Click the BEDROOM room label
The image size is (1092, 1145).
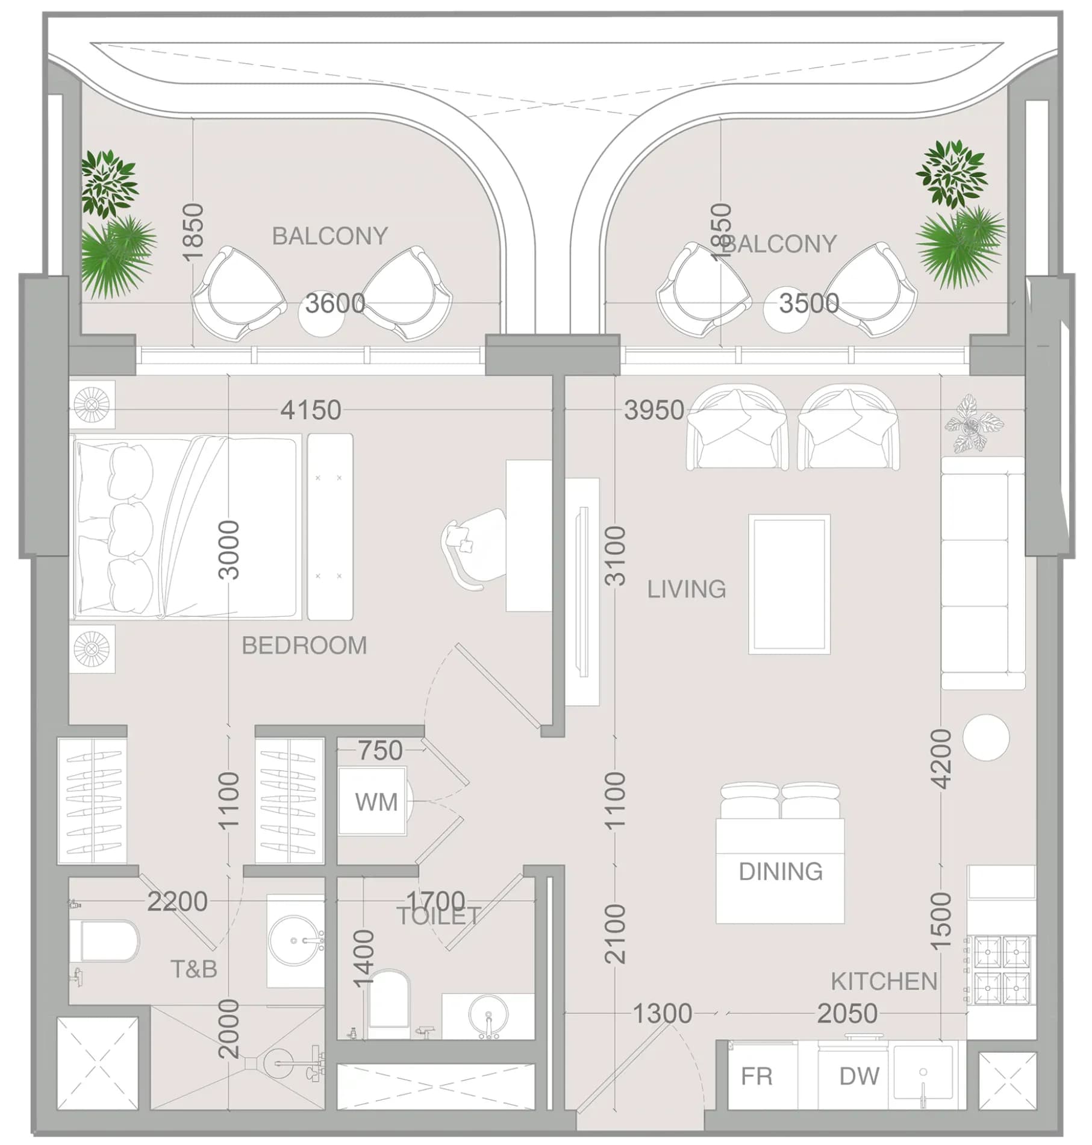click(304, 646)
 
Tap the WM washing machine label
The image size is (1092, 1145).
click(376, 802)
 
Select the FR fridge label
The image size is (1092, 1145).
click(757, 1076)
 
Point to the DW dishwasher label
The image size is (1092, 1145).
click(860, 1076)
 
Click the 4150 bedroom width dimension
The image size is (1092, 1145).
click(311, 410)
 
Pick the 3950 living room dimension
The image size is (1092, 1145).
click(654, 410)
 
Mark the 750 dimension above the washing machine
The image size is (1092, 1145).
click(380, 750)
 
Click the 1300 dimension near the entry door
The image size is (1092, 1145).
click(662, 1014)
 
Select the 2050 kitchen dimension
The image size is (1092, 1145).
click(847, 1014)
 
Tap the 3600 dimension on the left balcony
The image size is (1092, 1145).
click(335, 303)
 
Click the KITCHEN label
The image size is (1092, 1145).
click(884, 982)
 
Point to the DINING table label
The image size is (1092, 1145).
click(781, 872)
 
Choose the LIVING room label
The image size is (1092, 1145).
click(687, 589)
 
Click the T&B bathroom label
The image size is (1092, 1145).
click(194, 969)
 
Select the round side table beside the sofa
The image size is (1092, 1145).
click(986, 738)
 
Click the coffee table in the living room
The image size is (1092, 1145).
click(790, 584)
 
